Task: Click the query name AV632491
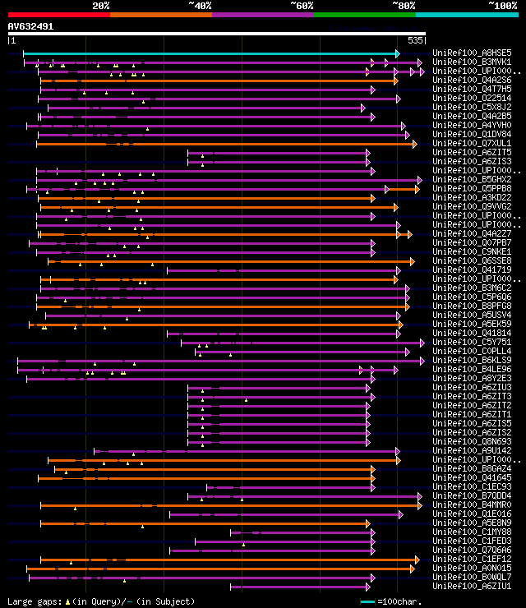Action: (x=30, y=26)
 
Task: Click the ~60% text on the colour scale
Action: (x=302, y=6)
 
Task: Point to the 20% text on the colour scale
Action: (x=101, y=6)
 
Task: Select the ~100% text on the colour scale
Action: (x=502, y=6)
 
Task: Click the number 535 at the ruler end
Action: (x=415, y=39)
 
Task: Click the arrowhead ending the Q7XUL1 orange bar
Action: (x=414, y=144)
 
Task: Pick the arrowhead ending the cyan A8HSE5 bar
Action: (x=397, y=53)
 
